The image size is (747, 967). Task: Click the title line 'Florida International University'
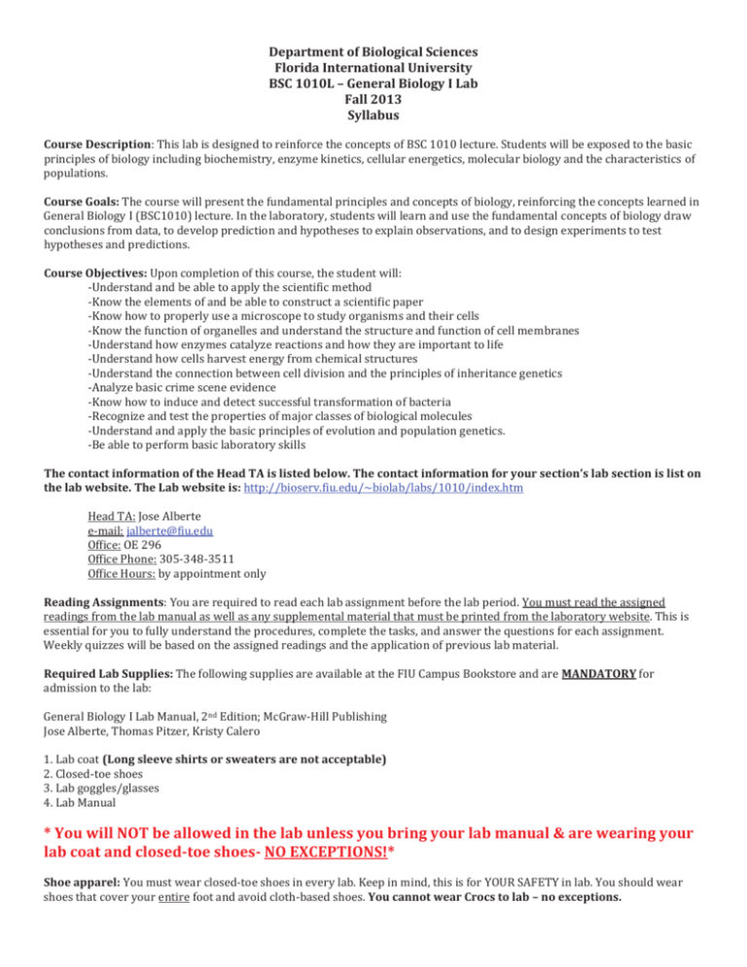tap(373, 67)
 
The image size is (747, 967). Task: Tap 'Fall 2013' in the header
tap(373, 99)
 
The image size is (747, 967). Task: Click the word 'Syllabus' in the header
tap(373, 116)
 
